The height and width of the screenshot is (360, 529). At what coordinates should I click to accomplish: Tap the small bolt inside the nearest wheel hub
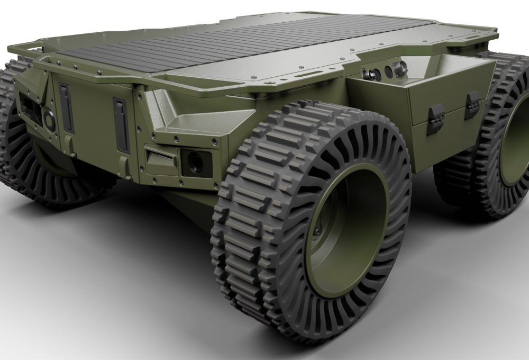click(x=317, y=232)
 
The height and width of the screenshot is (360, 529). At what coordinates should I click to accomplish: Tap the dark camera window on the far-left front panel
click(x=29, y=109)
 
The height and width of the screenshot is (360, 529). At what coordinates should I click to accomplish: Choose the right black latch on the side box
click(x=472, y=104)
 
